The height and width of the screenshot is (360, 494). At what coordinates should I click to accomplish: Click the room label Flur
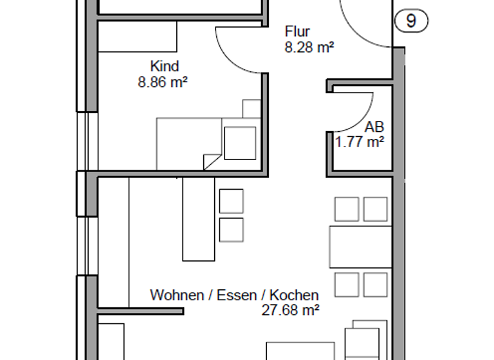pyautogui.click(x=297, y=32)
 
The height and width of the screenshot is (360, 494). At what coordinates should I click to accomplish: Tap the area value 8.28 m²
pyautogui.click(x=309, y=47)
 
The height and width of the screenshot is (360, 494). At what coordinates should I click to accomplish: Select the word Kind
pyautogui.click(x=164, y=66)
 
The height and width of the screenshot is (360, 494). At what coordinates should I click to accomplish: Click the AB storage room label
pyautogui.click(x=374, y=127)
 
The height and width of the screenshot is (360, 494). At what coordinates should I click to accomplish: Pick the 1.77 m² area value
pyautogui.click(x=360, y=142)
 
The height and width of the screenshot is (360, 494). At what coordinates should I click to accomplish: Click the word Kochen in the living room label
pyautogui.click(x=293, y=296)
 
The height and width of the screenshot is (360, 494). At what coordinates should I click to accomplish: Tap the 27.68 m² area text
pyautogui.click(x=291, y=310)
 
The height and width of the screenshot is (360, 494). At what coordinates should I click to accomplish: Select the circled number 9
pyautogui.click(x=411, y=21)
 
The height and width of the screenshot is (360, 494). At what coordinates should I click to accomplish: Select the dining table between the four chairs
pyautogui.click(x=360, y=246)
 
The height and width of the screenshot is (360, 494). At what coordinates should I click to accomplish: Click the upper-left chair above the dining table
pyautogui.click(x=347, y=209)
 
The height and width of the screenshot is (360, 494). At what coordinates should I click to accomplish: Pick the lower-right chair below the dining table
pyautogui.click(x=375, y=284)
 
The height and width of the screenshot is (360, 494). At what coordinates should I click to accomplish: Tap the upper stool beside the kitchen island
pyautogui.click(x=232, y=201)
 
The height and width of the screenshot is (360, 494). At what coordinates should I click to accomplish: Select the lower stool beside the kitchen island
pyautogui.click(x=232, y=230)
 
